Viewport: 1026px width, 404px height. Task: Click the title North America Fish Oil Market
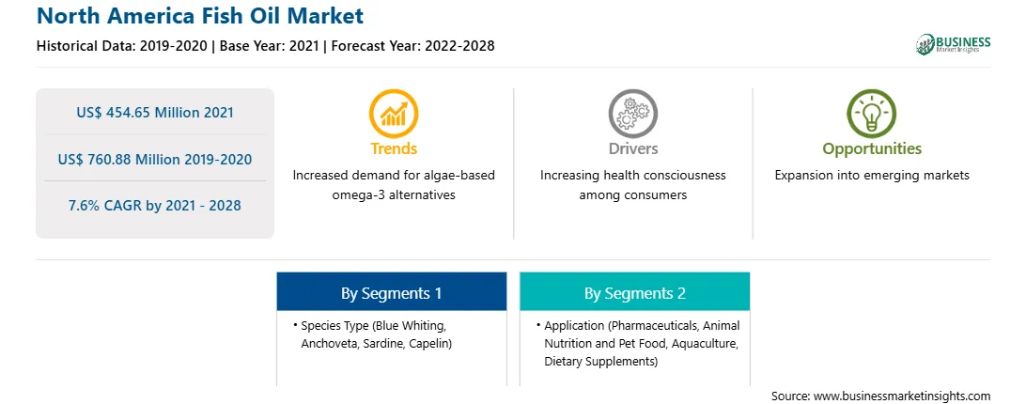pyautogui.click(x=199, y=16)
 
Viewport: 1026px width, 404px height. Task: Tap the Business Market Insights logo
pyautogui.click(x=954, y=44)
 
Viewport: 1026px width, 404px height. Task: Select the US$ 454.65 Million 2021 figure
pyautogui.click(x=154, y=112)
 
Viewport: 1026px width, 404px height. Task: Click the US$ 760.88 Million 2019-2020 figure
pyautogui.click(x=154, y=159)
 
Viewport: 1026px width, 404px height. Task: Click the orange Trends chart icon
pyautogui.click(x=394, y=114)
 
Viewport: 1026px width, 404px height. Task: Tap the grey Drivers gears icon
pyautogui.click(x=632, y=114)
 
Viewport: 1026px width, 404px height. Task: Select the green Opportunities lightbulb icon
pyautogui.click(x=872, y=114)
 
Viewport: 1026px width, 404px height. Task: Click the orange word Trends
pyautogui.click(x=394, y=148)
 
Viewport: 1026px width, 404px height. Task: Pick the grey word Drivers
pyautogui.click(x=632, y=148)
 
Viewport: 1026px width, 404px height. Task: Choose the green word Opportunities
pyautogui.click(x=872, y=149)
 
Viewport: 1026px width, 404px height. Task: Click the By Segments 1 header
pyautogui.click(x=391, y=292)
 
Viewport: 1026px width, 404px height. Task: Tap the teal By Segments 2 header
pyautogui.click(x=635, y=292)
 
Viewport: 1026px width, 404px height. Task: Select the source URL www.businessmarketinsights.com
pyautogui.click(x=902, y=396)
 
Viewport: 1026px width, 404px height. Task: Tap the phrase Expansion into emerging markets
pyautogui.click(x=872, y=176)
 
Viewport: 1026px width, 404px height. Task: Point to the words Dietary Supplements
pyautogui.click(x=599, y=362)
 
